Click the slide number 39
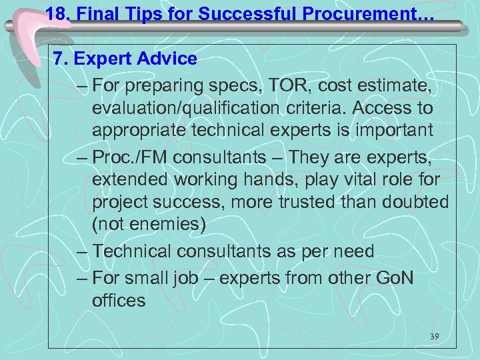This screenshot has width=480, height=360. click(x=434, y=337)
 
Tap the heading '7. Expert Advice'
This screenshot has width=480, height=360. click(x=125, y=59)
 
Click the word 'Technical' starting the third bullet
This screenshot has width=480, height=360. click(x=133, y=251)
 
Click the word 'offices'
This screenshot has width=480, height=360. click(x=119, y=300)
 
